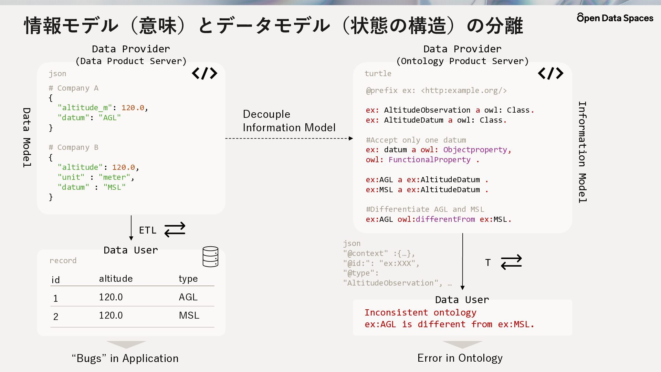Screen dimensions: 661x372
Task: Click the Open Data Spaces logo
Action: tap(615, 18)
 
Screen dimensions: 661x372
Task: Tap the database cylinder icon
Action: tap(210, 257)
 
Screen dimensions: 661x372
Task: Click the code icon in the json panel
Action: tap(204, 73)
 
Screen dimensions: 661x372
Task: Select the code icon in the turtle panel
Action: tap(550, 73)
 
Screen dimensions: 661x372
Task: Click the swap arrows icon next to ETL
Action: tap(175, 230)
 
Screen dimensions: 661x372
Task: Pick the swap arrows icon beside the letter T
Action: tap(511, 262)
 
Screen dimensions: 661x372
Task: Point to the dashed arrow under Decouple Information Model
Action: tap(289, 138)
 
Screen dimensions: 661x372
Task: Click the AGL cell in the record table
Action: tap(188, 297)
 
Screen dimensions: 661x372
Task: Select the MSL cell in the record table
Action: tap(189, 315)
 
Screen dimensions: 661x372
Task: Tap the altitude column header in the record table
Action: tap(116, 279)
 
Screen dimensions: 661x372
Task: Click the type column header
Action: tap(188, 279)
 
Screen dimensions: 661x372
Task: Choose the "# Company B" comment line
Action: tap(73, 147)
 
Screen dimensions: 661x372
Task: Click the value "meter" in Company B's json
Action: tap(114, 177)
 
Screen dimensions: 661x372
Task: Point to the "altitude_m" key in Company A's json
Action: tap(85, 108)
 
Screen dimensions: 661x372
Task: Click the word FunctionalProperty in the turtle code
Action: tap(429, 160)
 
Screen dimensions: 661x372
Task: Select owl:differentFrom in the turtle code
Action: tap(436, 219)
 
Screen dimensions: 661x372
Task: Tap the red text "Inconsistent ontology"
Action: tap(420, 313)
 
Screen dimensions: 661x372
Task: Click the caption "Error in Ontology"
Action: tap(460, 358)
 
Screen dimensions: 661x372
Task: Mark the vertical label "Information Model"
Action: tap(582, 152)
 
